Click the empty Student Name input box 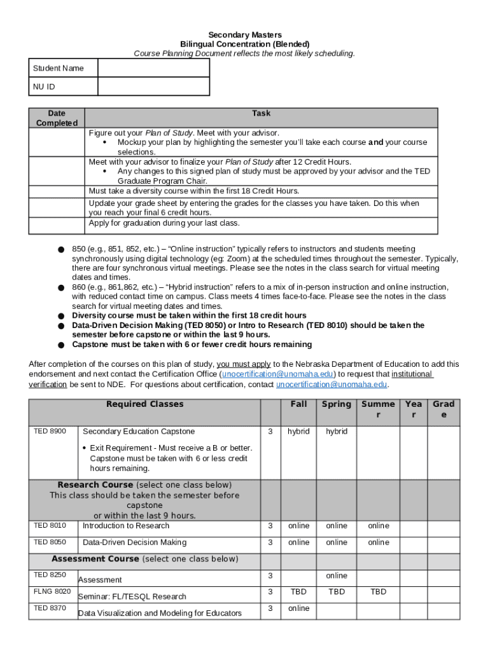coord(153,68)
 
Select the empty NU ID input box coord(153,86)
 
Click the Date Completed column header coord(57,118)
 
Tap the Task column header coord(261,113)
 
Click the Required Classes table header coord(144,404)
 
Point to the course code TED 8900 coord(50,431)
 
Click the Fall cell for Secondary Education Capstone coord(298,432)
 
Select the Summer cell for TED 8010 coord(378,526)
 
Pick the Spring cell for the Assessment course coord(337,575)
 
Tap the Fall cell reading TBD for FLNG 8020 coord(298,592)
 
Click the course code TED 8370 coord(50,608)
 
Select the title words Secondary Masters coord(245,34)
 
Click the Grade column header coord(444,409)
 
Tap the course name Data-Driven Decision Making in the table coord(134,542)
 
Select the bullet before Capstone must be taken coord(60,345)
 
